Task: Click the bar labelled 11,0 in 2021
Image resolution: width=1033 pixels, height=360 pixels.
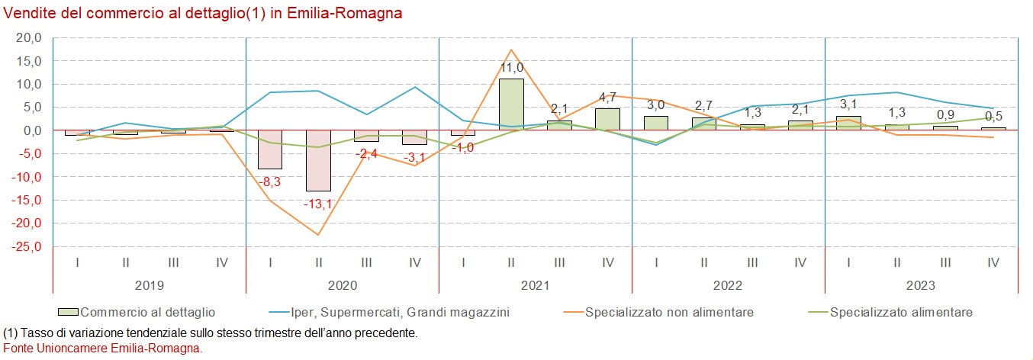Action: [511, 104]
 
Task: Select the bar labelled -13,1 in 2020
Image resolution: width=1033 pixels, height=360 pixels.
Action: [318, 160]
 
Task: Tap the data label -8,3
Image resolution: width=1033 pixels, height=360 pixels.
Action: [270, 182]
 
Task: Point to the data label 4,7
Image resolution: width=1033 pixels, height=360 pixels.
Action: [607, 98]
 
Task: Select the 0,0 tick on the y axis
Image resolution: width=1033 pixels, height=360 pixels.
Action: [31, 130]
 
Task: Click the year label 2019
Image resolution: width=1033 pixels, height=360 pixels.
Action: [150, 286]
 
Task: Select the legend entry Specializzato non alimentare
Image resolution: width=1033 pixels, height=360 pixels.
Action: [669, 312]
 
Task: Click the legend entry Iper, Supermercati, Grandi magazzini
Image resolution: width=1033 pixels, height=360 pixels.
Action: [400, 312]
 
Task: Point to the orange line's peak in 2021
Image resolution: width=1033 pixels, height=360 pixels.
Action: [511, 50]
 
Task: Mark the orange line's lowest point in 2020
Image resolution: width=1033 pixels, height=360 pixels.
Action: [318, 235]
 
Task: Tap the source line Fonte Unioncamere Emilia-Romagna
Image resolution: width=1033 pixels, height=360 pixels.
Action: [103, 348]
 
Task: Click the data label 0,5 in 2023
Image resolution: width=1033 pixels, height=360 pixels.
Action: [993, 116]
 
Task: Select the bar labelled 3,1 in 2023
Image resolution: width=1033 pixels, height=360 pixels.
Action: [848, 123]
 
